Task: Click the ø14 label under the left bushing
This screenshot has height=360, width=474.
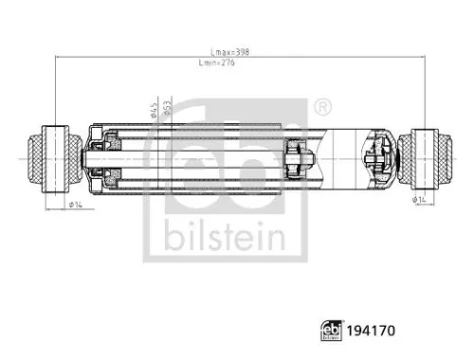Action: click(71, 206)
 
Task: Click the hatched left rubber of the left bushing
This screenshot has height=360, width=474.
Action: click(39, 154)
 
